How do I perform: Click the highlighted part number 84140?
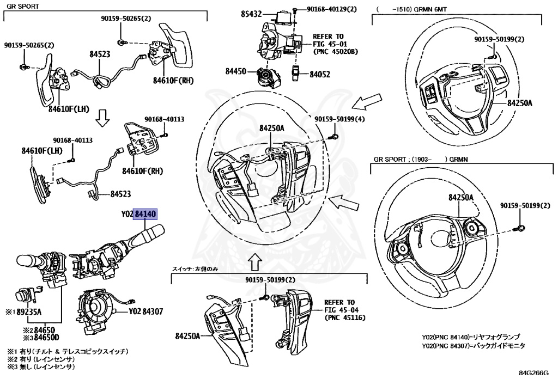pyautogui.click(x=146, y=215)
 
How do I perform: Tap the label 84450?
pyautogui.click(x=236, y=71)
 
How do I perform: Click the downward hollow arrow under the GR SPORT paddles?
pyautogui.click(x=101, y=117)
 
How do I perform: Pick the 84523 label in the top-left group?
pyautogui.click(x=100, y=54)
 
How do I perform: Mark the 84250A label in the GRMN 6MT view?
pyautogui.click(x=519, y=102)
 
